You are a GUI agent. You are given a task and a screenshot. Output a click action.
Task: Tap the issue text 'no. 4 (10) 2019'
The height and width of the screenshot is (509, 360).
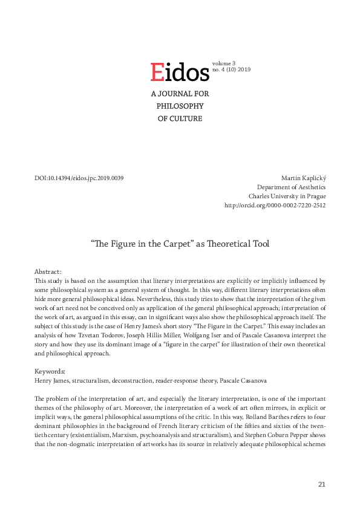pyautogui.click(x=231, y=70)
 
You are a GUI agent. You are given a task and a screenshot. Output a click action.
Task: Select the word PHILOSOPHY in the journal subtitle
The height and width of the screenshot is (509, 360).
pyautogui.click(x=180, y=106)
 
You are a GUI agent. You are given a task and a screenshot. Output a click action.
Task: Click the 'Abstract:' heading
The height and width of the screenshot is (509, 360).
pyautogui.click(x=48, y=272)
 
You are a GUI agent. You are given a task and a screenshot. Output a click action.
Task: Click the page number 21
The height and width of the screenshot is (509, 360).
pyautogui.click(x=321, y=484)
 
